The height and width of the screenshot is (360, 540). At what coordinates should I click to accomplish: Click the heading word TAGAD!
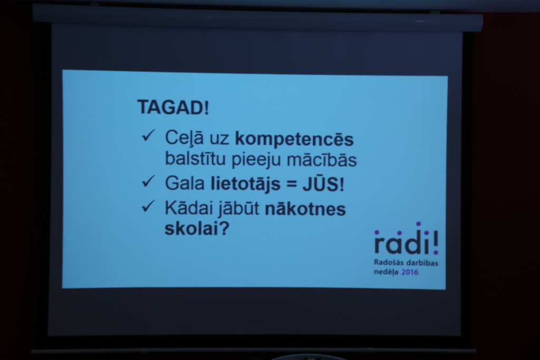click(173, 107)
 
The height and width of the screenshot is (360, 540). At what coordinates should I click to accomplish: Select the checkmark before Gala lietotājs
click(148, 181)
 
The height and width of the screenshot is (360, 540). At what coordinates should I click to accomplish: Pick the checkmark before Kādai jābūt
click(148, 206)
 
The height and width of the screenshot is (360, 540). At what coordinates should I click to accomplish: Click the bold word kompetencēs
click(294, 139)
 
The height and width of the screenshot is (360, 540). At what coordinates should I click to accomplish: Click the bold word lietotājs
click(246, 184)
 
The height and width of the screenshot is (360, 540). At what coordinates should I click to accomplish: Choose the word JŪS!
click(323, 183)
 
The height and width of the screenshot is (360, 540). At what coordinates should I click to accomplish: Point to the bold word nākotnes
click(305, 209)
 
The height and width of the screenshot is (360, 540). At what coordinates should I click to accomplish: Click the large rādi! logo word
click(407, 239)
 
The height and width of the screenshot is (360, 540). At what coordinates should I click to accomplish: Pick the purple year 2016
click(410, 272)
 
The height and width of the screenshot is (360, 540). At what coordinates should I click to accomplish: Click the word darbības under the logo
click(422, 263)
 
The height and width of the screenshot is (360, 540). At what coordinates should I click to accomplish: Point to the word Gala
click(185, 183)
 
